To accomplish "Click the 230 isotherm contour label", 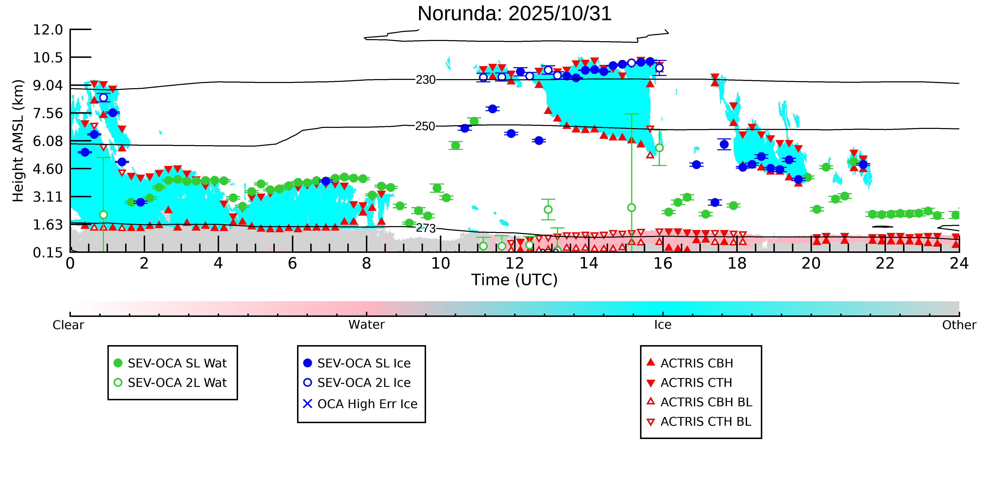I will [425, 80].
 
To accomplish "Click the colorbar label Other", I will [959, 325].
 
